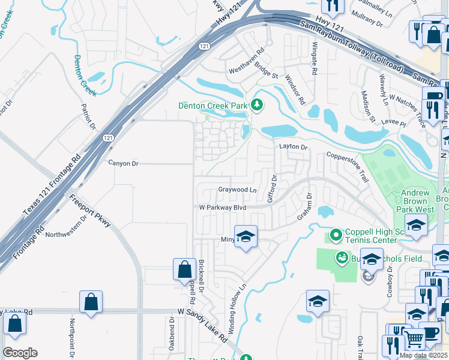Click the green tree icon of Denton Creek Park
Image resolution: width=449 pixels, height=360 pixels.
coord(258,106)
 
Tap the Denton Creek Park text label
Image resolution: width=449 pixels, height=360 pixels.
coord(213,106)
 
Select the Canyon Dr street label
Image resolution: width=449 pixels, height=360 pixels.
coord(123,163)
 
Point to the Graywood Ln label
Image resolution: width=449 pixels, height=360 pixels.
coord(237,190)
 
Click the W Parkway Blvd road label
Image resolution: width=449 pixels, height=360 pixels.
coord(223,208)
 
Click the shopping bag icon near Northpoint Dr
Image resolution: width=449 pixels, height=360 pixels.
coord(91,302)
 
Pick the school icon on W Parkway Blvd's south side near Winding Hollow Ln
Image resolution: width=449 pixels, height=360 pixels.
coord(246,237)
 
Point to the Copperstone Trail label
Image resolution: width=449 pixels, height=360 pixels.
coord(347,167)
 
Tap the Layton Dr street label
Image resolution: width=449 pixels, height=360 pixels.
coord(293,147)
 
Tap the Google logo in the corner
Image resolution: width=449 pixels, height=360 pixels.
coord(20,353)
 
